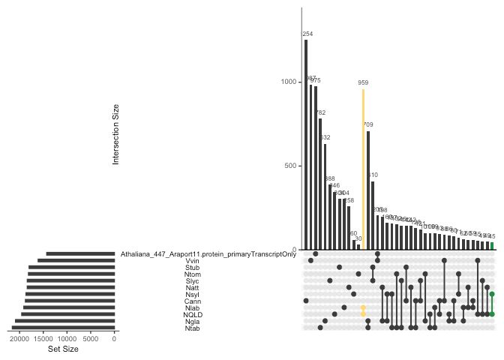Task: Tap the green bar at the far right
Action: tap(492, 245)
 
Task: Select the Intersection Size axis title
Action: tap(115, 133)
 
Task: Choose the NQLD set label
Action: tap(192, 314)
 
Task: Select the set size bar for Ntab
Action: tap(63, 328)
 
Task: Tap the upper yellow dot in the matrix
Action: tap(363, 307)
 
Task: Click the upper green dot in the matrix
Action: tap(492, 294)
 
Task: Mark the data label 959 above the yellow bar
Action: tap(363, 83)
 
